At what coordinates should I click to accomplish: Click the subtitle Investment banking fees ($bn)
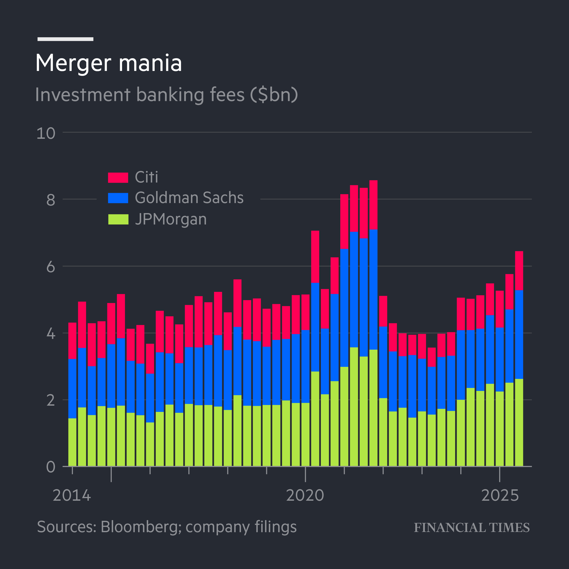point(166,95)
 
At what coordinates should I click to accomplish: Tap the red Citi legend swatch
point(118,178)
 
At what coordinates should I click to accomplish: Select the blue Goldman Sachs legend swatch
point(118,198)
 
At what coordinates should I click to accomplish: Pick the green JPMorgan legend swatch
point(118,219)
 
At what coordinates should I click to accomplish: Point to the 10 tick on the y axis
point(46,133)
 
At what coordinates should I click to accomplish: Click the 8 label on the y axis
point(51,200)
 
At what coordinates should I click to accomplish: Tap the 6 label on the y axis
point(51,267)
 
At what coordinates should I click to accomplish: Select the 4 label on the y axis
point(51,334)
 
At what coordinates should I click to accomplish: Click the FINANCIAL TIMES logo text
point(471,528)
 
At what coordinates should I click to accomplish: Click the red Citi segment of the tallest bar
point(373,205)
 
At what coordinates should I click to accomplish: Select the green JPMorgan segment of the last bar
point(519,423)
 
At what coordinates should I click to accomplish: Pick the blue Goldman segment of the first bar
point(72,389)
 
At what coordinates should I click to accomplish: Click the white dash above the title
point(65,39)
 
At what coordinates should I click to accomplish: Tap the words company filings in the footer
point(241,527)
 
